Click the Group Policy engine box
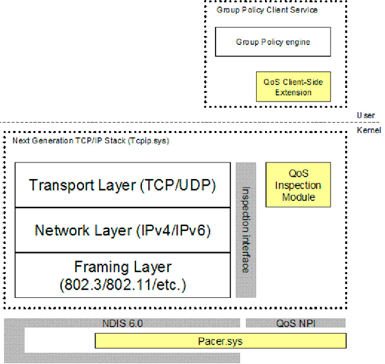coord(273,42)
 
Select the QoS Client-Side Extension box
coord(293,87)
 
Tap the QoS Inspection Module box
coord(298,185)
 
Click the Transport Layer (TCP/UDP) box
coord(123,185)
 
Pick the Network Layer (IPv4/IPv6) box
coord(123,230)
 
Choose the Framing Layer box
coord(123,275)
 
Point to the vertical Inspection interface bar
coord(246,230)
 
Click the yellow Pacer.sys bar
coord(220,340)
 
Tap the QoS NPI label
coord(296,324)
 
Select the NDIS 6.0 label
coord(123,324)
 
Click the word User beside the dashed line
coord(364,115)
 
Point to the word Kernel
coord(368,130)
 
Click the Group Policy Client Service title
coord(266,10)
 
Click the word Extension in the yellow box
coord(293,92)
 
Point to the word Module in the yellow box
coord(298,197)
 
